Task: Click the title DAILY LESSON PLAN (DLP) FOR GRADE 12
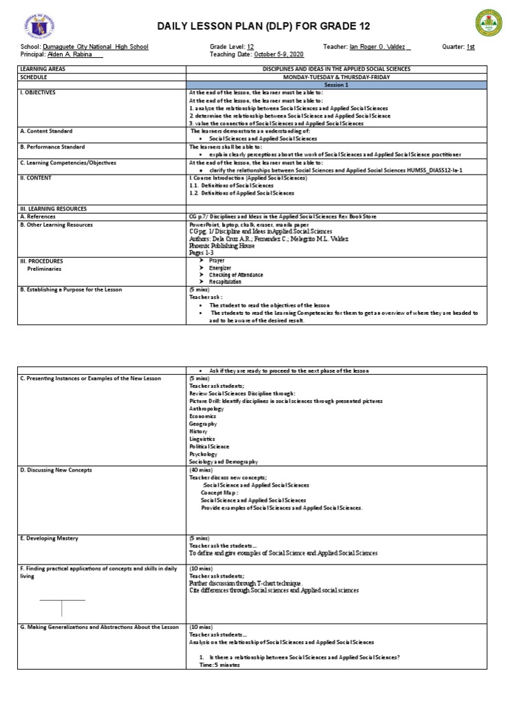264,26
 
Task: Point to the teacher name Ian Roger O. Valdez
380,47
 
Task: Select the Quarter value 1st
470,47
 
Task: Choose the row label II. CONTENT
36,177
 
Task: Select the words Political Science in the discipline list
209,446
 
